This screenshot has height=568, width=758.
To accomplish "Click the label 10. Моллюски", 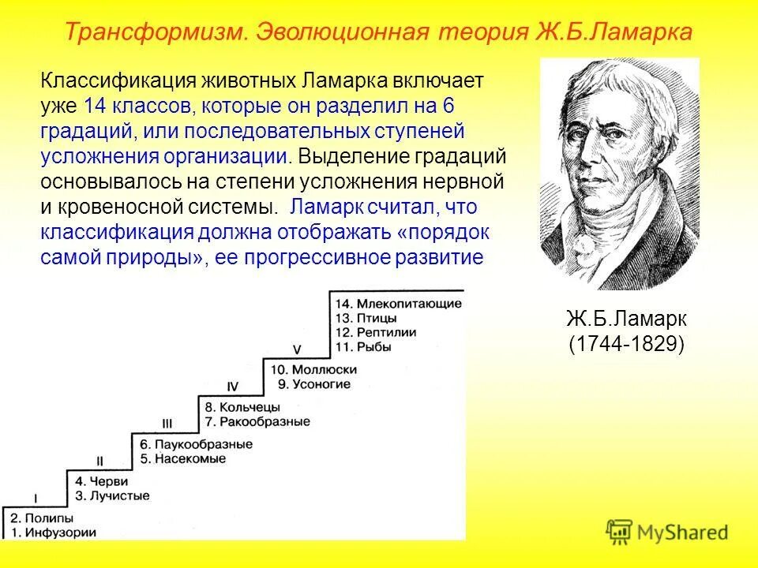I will [x=314, y=369].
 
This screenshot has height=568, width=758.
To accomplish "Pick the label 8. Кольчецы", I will [x=242, y=407].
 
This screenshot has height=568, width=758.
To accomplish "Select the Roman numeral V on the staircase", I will [x=297, y=349].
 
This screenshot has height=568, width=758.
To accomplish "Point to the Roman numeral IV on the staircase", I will [x=232, y=387].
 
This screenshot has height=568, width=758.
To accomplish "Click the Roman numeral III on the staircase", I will [x=167, y=422].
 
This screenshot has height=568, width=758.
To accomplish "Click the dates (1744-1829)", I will [x=626, y=345].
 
